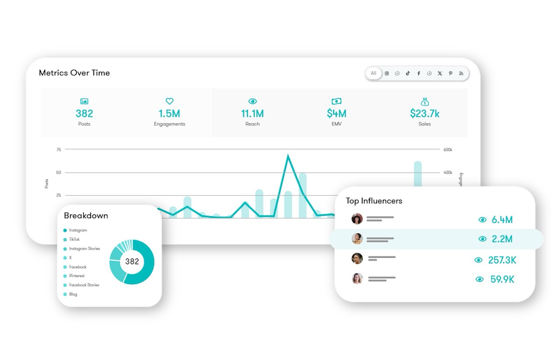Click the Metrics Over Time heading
tap(74, 73)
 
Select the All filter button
tap(373, 73)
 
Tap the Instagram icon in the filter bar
tap(387, 73)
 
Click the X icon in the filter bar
tap(440, 73)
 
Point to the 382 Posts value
tap(84, 114)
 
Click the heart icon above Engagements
tap(169, 101)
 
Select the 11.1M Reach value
tap(252, 114)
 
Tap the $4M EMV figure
tap(336, 114)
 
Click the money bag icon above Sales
tap(424, 101)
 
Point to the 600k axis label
tap(448, 150)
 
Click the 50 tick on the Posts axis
tap(59, 173)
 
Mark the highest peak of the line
tap(287, 155)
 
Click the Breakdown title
tap(86, 216)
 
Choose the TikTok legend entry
tap(74, 240)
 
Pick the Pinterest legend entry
tap(77, 276)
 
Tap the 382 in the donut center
tap(132, 262)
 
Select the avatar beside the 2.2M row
tap(357, 239)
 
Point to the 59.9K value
tap(502, 279)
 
